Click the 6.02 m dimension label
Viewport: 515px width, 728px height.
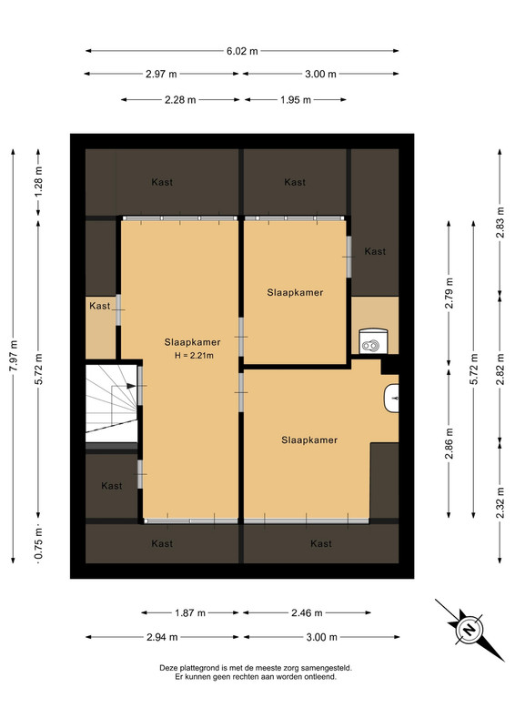(242, 51)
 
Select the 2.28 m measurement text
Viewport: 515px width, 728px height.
(180, 100)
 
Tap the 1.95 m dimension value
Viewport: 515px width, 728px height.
(296, 100)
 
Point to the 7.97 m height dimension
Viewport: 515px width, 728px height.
(14, 356)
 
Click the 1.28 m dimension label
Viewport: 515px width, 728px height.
(38, 181)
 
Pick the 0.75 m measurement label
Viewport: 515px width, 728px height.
(38, 543)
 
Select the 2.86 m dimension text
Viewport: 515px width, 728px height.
(449, 443)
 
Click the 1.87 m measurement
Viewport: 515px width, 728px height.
(190, 612)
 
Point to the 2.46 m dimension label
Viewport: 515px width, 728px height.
(307, 612)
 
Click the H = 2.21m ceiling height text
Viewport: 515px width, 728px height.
(194, 356)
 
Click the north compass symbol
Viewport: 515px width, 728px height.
(470, 630)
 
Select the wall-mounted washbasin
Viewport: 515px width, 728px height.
(391, 399)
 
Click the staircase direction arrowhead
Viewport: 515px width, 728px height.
(131, 386)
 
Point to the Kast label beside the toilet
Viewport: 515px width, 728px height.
(375, 252)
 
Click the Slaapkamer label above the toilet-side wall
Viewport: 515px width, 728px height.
(295, 292)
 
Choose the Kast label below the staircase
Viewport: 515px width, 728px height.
(111, 486)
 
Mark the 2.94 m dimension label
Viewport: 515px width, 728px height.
(162, 637)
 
